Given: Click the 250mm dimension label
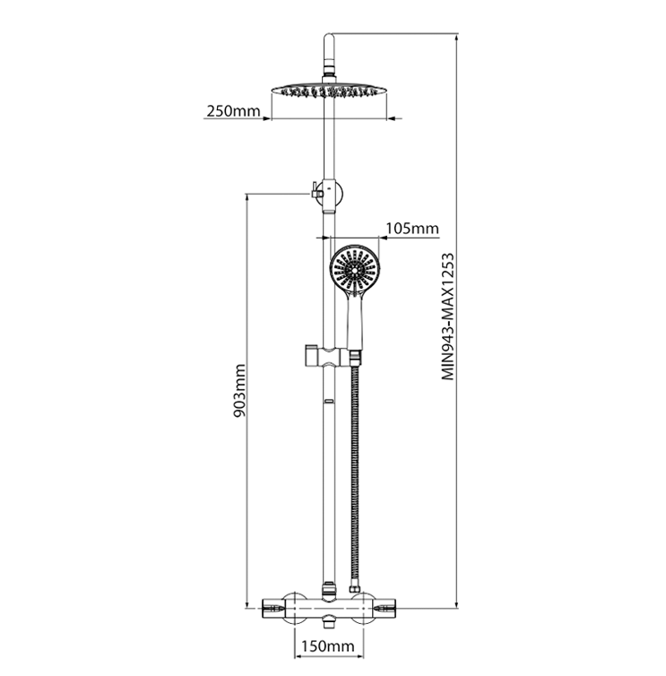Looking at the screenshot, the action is [x=233, y=111].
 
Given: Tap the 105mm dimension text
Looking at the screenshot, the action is [x=412, y=228].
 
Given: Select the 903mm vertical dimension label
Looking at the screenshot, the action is [x=238, y=391].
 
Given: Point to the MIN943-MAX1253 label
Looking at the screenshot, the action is [x=448, y=316].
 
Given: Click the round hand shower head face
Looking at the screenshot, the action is [x=354, y=271].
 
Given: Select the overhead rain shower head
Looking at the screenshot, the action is [x=329, y=91].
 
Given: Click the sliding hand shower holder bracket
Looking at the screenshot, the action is [x=326, y=357].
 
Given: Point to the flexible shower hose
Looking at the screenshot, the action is [x=355, y=474].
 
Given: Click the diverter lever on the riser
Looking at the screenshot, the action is [x=315, y=190].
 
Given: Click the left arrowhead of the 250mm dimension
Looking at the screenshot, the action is [x=267, y=118].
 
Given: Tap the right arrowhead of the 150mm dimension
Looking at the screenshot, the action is [x=359, y=656].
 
